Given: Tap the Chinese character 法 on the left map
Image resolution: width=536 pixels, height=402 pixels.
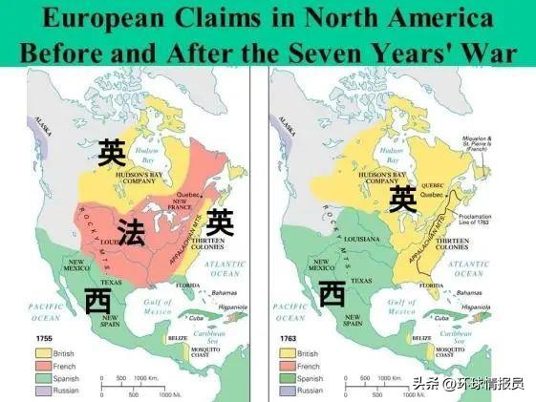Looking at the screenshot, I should (132, 233).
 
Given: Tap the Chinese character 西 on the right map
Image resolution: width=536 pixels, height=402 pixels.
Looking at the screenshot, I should (332, 293).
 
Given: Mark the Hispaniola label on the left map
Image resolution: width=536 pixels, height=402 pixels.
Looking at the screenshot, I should (234, 307).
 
